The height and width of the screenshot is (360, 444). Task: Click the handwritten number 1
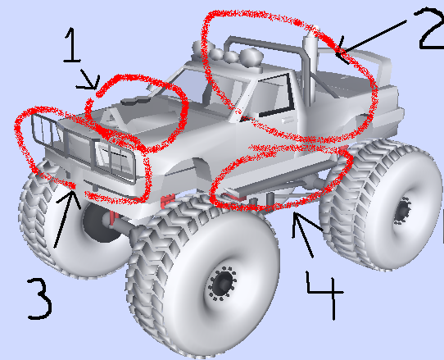coord(72,44)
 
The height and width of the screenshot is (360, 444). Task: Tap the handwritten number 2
coord(432,29)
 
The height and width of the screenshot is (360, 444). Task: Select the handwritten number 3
coord(40,298)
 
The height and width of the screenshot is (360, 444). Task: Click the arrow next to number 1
coord(88,80)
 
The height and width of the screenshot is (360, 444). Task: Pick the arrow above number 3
coord(66,218)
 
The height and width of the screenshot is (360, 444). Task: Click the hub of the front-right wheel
coord(223,283)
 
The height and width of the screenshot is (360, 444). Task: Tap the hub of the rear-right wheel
coord(403,210)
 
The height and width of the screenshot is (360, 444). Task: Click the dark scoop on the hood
coord(136,100)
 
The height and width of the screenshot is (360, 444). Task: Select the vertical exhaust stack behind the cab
coord(310,68)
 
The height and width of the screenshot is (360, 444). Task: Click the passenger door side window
coord(274,95)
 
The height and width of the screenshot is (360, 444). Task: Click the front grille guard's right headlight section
coord(115,161)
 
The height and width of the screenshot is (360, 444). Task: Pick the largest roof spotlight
coord(251,57)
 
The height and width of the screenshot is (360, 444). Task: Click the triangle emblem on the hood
coord(111,118)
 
